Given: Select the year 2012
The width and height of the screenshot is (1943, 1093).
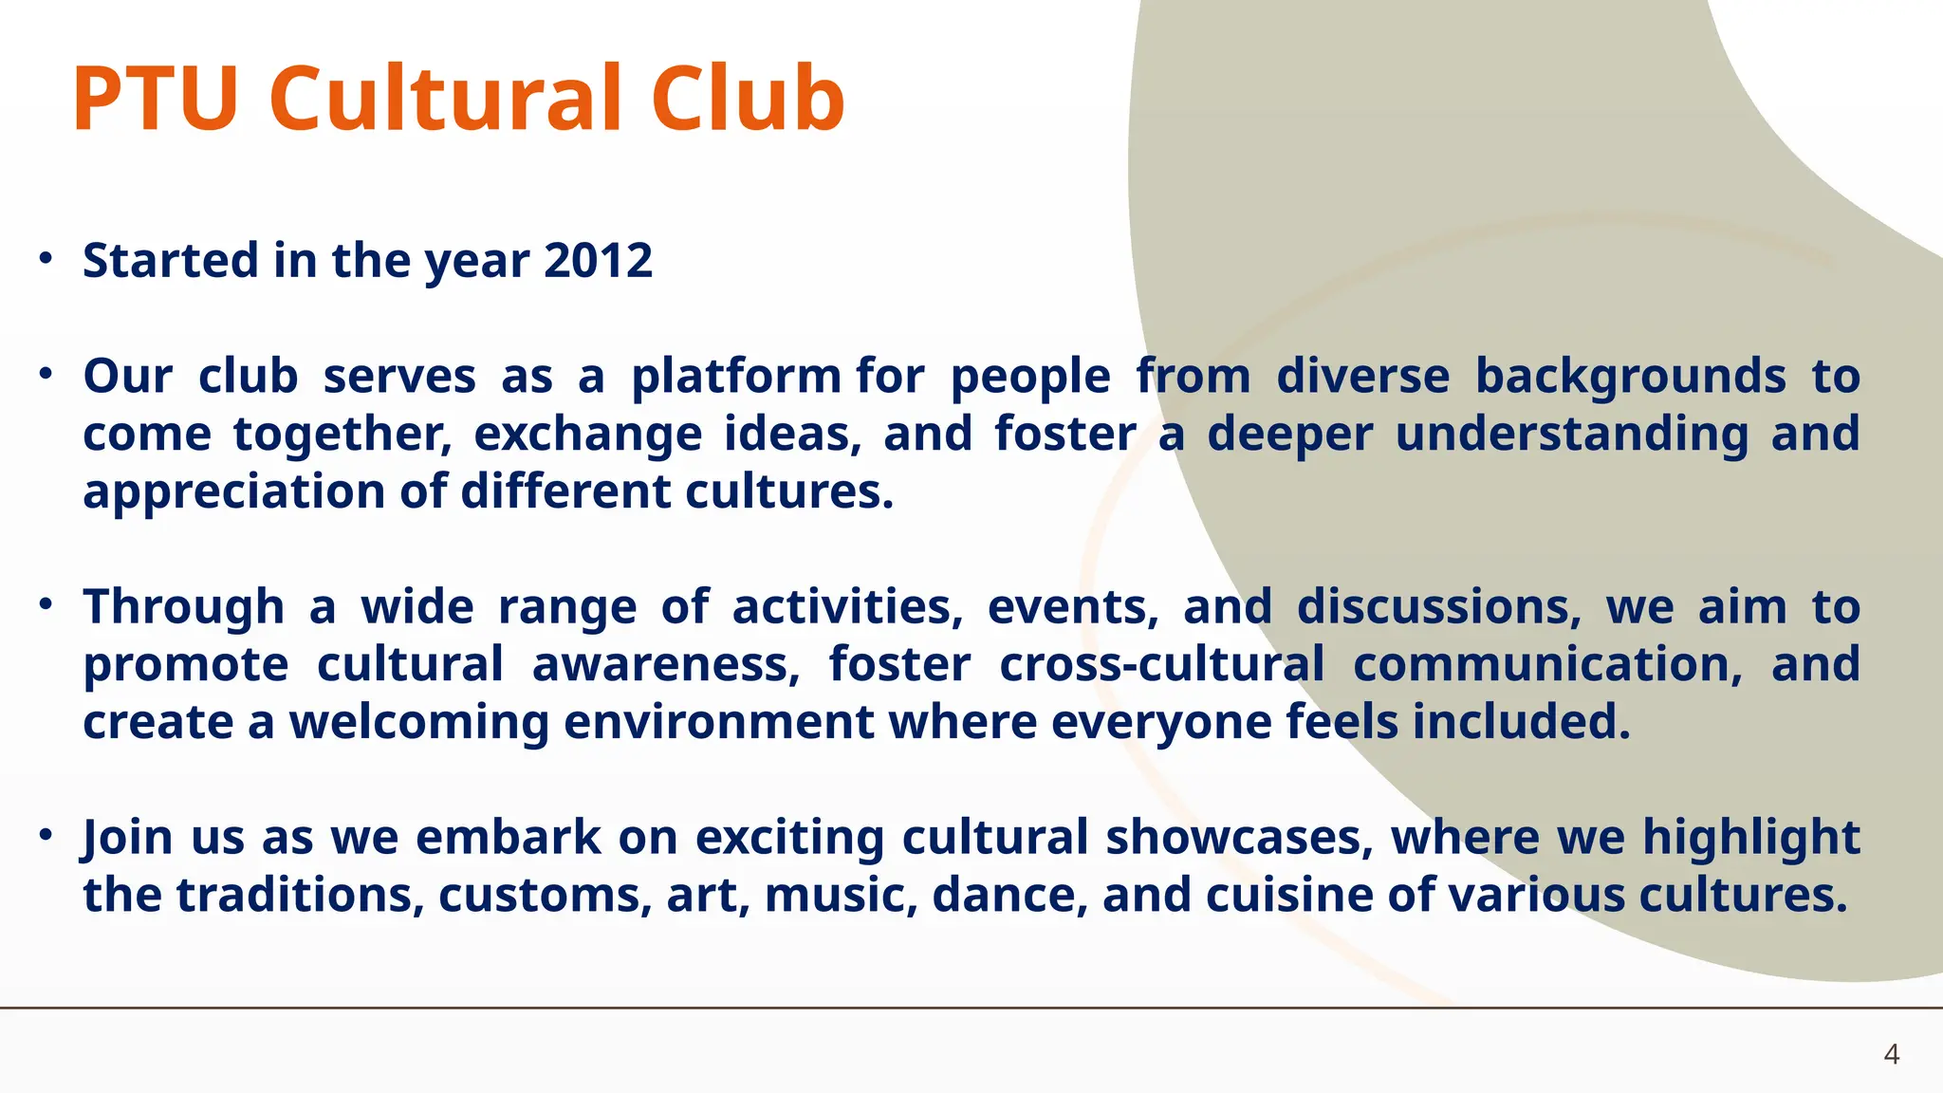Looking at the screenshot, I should click(599, 260).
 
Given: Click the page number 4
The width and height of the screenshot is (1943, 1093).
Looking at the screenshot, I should click(1891, 1054).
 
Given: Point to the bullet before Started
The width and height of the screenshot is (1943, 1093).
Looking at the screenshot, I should click(46, 258).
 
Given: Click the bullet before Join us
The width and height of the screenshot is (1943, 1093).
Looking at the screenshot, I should click(46, 835).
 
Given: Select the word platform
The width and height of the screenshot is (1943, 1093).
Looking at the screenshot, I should click(735, 377).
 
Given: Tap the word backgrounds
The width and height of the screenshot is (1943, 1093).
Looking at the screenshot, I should click(1630, 376).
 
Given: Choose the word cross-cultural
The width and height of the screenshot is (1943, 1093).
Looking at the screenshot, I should click(1161, 664).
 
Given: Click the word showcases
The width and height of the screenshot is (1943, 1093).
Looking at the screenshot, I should click(1239, 838).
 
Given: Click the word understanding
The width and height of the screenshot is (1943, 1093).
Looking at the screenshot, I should click(1572, 435).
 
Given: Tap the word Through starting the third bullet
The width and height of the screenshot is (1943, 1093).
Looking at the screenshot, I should click(183, 607).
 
